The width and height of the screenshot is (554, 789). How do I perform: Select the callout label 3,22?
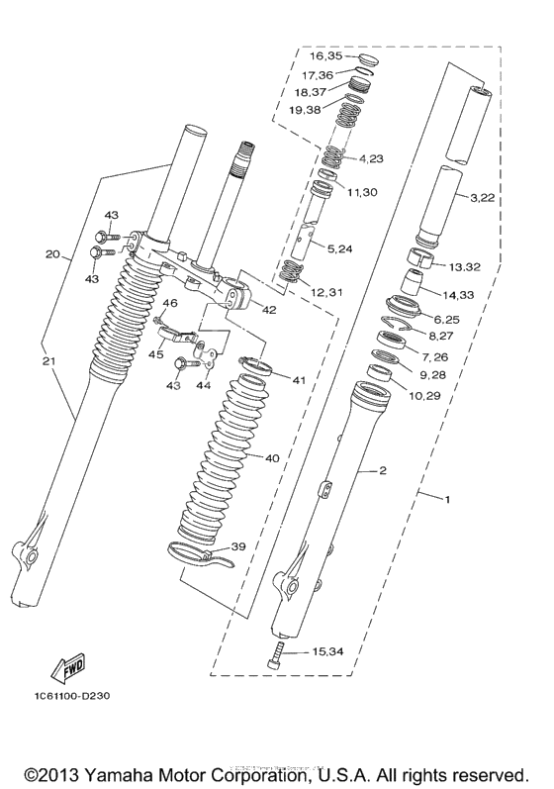[x=482, y=198]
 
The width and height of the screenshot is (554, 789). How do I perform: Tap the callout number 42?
[x=269, y=309]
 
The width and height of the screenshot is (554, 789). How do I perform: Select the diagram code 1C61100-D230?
[x=63, y=695]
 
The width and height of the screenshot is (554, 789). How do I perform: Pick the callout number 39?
[x=238, y=546]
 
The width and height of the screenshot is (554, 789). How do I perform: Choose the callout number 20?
[x=52, y=254]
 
